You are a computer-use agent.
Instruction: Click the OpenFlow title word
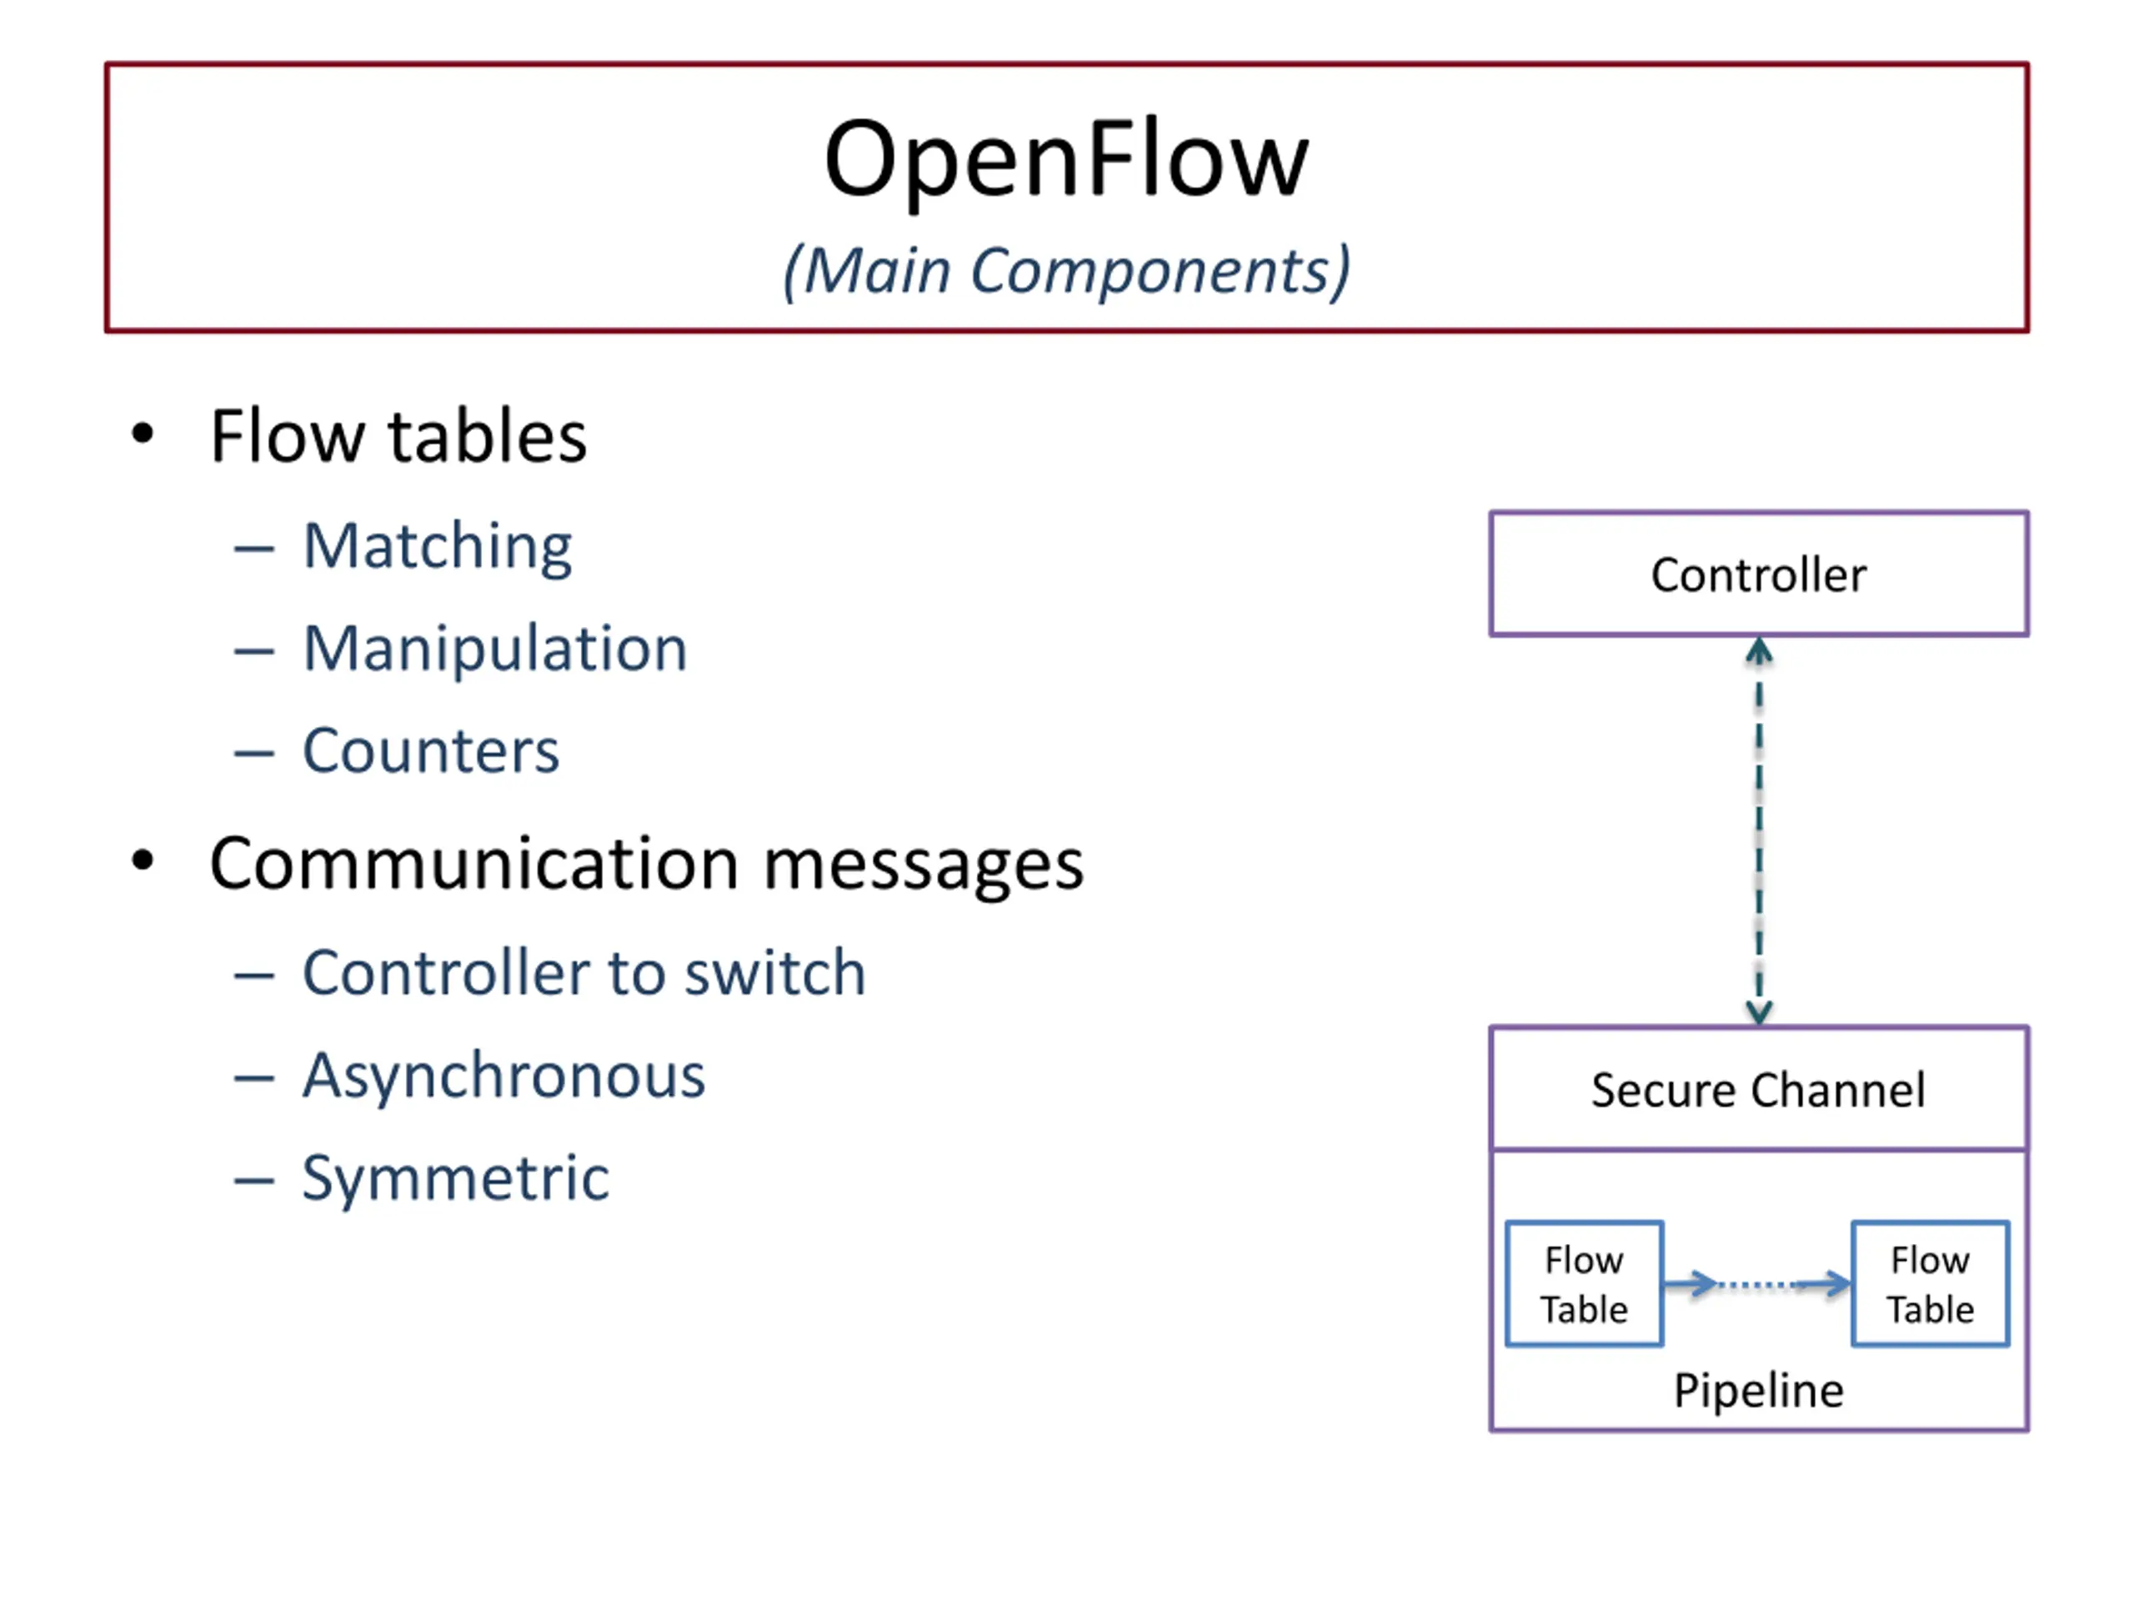point(1066,160)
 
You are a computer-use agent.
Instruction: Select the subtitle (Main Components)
point(1066,271)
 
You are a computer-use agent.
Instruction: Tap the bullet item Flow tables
point(398,436)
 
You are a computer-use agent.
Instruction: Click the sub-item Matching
point(438,548)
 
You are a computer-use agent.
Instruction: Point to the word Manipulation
point(496,649)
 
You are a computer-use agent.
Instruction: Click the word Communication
point(474,863)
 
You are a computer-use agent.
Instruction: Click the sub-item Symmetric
point(456,1179)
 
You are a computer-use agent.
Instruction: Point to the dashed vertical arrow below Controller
point(1759,831)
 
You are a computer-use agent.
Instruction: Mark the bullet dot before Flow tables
point(143,434)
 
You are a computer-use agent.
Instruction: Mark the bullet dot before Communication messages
point(143,861)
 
